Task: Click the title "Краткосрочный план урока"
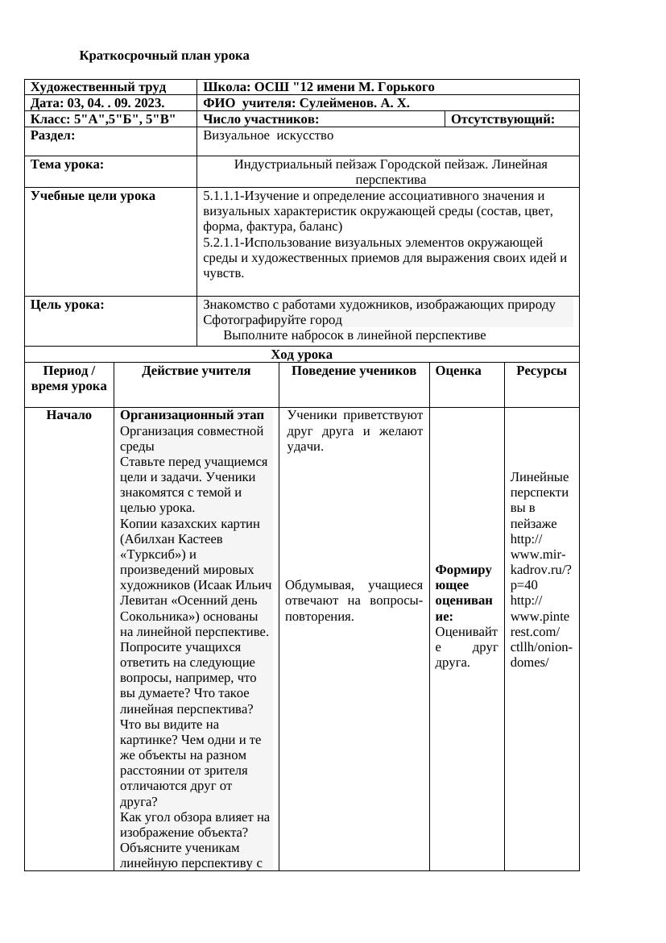click(164, 56)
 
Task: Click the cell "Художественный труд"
click(98, 87)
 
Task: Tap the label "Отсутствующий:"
click(503, 119)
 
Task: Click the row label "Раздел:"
click(52, 135)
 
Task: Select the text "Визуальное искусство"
click(268, 135)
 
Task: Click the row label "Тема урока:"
click(67, 164)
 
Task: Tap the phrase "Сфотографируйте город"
click(272, 320)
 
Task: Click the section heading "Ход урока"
click(301, 355)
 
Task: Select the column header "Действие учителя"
click(196, 371)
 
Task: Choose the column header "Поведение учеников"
click(354, 371)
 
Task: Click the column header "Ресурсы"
click(541, 371)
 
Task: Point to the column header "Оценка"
click(457, 371)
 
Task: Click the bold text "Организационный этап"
click(192, 415)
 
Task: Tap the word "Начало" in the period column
click(69, 415)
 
